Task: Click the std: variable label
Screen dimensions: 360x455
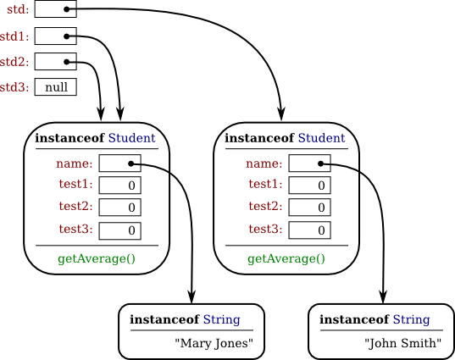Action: click(15, 10)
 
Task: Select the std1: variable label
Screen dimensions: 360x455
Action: click(14, 36)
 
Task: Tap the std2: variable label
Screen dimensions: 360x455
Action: click(14, 62)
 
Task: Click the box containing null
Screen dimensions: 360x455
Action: click(56, 87)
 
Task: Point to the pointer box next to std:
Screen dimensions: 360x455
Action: click(56, 9)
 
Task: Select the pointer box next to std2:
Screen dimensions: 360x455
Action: click(56, 61)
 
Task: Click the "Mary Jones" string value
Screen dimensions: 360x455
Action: click(214, 343)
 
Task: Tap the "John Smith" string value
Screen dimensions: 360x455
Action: click(403, 343)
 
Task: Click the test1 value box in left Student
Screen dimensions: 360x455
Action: click(119, 186)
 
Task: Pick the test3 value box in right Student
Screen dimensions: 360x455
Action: click(309, 230)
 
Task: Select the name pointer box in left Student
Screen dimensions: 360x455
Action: click(119, 163)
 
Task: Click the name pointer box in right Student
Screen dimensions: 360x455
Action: click(309, 163)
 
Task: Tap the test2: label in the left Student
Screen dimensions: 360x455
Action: click(75, 207)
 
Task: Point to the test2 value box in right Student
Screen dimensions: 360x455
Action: click(309, 208)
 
